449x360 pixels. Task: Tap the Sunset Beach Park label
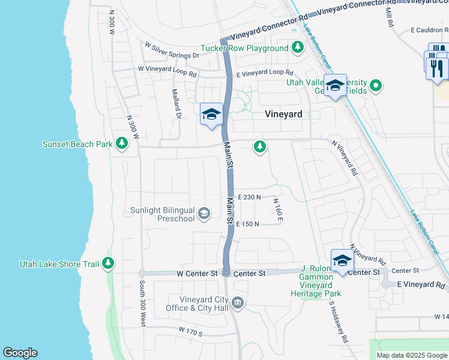click(x=77, y=144)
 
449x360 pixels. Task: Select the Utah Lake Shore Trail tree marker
click(x=108, y=263)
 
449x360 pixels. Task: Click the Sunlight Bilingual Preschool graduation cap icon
click(x=204, y=213)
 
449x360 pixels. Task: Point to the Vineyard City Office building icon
click(x=238, y=301)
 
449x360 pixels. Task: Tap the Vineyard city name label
click(x=283, y=114)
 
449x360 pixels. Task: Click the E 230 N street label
click(x=249, y=197)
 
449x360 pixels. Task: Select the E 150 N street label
click(x=248, y=224)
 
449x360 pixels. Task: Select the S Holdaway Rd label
click(x=337, y=320)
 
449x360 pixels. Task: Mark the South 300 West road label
click(x=142, y=303)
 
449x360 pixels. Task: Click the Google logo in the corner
click(x=20, y=353)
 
